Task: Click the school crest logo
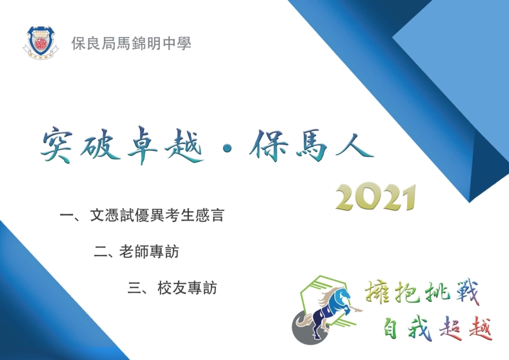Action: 41,43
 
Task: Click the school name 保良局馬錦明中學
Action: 131,43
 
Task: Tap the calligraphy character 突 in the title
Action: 58,145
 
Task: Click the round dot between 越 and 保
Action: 227,148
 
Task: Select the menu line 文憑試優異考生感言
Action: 157,215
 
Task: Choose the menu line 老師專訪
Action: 149,252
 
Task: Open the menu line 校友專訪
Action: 187,288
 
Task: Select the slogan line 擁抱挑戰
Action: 421,291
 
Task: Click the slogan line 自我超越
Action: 438,328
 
